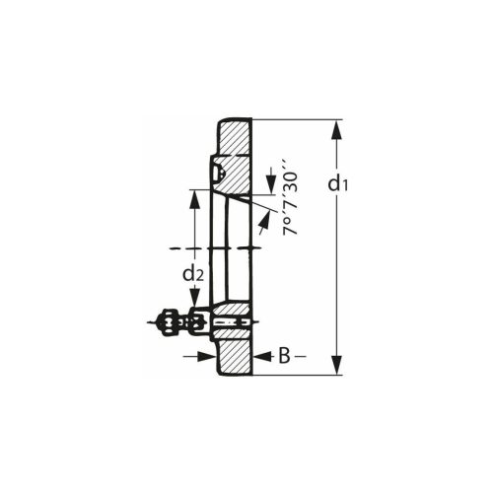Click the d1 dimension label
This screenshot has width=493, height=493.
pos(338,183)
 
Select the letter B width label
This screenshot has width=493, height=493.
pos(282,355)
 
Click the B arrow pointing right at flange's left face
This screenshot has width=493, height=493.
pos(208,355)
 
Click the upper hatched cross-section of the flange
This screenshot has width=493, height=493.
pos(235,148)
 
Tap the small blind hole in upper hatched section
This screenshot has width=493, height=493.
pos(219,175)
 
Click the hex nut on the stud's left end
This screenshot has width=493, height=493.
pos(169,321)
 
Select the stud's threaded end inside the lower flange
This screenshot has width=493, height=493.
pos(230,321)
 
